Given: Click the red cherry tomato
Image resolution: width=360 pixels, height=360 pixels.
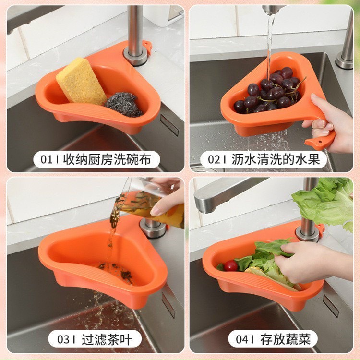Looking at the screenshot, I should (231, 266).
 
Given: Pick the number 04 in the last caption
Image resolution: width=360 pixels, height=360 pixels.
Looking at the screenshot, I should (242, 339).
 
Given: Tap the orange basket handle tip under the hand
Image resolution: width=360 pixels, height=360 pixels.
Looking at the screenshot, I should (320, 142).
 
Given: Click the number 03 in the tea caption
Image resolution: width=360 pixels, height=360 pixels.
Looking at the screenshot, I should (64, 339).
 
